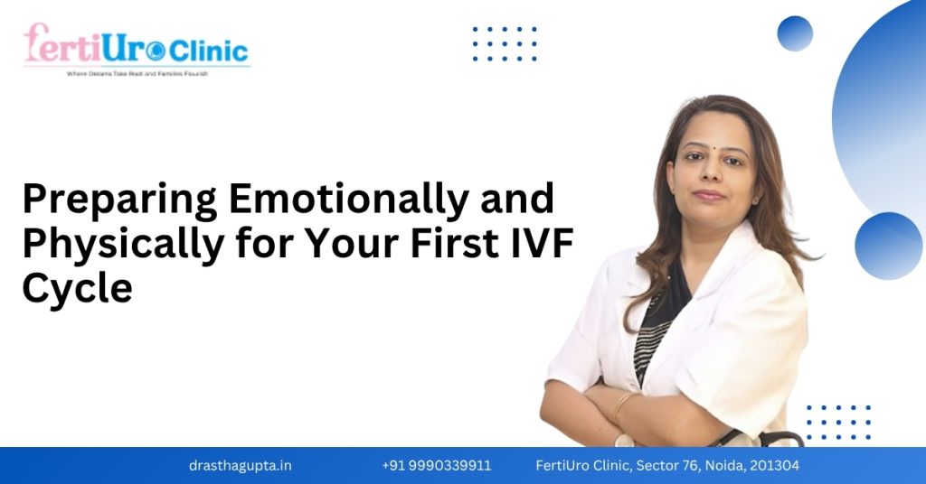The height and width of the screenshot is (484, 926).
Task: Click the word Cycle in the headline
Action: coord(77,289)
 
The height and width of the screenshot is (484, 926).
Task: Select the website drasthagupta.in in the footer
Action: coord(241,466)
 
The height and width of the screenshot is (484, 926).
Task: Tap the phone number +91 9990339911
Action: coord(437,466)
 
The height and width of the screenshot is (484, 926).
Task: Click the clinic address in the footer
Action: coord(667,466)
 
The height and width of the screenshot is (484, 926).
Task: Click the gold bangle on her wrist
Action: coord(623,404)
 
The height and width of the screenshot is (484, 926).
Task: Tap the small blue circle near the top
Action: coord(795,33)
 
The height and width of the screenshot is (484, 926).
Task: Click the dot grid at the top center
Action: coord(505,43)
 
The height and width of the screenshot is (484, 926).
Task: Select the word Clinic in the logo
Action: coord(208,51)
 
